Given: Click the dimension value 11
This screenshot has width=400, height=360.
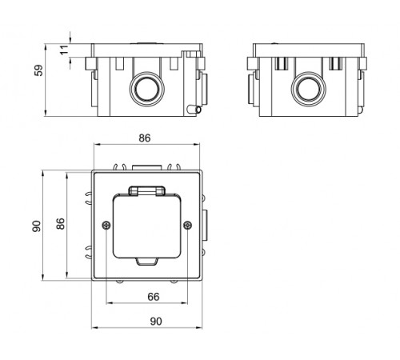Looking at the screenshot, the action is (x=64, y=50).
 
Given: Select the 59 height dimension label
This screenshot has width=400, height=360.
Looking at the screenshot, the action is (x=38, y=70).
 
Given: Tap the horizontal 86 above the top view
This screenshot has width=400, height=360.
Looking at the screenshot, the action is (x=145, y=138).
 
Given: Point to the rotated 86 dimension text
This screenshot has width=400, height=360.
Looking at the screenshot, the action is (x=61, y=223).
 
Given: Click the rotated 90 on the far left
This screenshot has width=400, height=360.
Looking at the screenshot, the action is (x=37, y=226).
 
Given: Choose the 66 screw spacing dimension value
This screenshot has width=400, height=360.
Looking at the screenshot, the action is (x=154, y=297).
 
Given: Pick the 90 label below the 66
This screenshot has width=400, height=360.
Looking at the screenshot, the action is (x=156, y=322).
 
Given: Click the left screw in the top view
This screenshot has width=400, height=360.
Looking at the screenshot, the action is (x=106, y=226).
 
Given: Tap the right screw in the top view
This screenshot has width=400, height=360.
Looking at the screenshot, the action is (x=188, y=226).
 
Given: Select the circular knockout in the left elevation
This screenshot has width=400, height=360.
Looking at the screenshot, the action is (x=147, y=89).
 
